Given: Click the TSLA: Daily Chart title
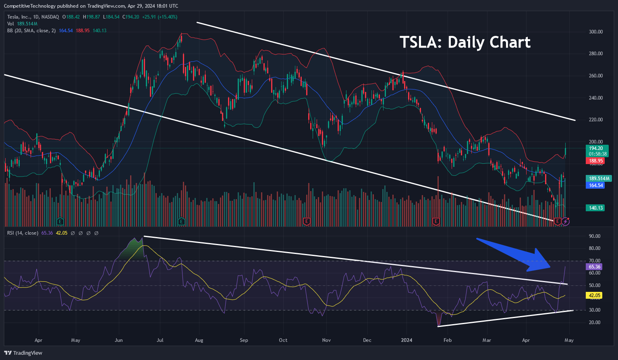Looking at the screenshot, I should pyautogui.click(x=465, y=42).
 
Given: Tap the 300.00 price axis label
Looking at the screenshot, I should pyautogui.click(x=596, y=32).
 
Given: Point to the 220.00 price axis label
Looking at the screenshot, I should pyautogui.click(x=596, y=120).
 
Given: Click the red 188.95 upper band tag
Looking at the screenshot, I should pyautogui.click(x=595, y=161).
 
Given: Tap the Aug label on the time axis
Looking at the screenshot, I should pyautogui.click(x=199, y=340).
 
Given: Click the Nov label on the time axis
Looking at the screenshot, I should pyautogui.click(x=326, y=340).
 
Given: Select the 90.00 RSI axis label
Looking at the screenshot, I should pyautogui.click(x=595, y=236).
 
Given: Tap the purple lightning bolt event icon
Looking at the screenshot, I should pyautogui.click(x=566, y=221).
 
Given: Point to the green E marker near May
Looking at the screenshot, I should pyautogui.click(x=60, y=221).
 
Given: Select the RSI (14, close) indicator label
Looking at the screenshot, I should pyautogui.click(x=23, y=233).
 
